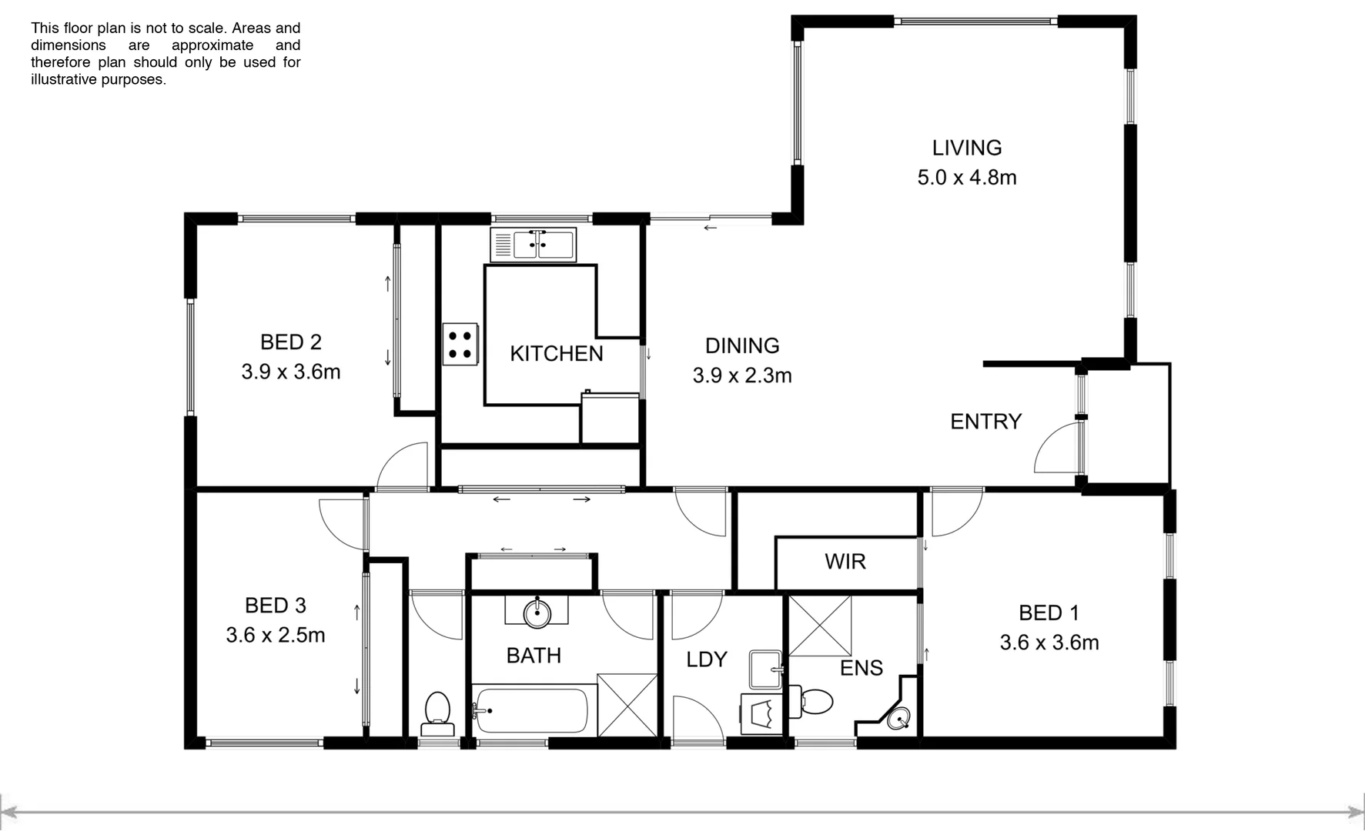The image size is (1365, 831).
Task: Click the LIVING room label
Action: pyautogui.click(x=966, y=148)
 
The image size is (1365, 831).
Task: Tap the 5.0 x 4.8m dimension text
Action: pyautogui.click(x=966, y=178)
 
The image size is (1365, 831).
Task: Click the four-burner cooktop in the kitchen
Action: pyautogui.click(x=460, y=344)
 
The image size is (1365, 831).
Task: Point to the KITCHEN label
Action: pyautogui.click(x=556, y=354)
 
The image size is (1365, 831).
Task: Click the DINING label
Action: pyautogui.click(x=742, y=346)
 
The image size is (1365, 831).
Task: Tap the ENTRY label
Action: pyautogui.click(x=985, y=422)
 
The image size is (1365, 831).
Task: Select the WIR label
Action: pyautogui.click(x=845, y=562)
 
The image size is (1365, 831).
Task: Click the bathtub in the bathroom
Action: pyautogui.click(x=531, y=711)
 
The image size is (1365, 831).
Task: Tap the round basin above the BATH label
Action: pyautogui.click(x=537, y=613)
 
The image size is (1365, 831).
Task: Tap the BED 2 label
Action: pyautogui.click(x=290, y=342)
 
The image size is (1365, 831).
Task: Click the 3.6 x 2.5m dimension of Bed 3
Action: pyautogui.click(x=275, y=636)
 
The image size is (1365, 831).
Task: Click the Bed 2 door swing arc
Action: pyautogui.click(x=402, y=466)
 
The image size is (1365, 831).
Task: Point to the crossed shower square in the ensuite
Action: pyautogui.click(x=820, y=625)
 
